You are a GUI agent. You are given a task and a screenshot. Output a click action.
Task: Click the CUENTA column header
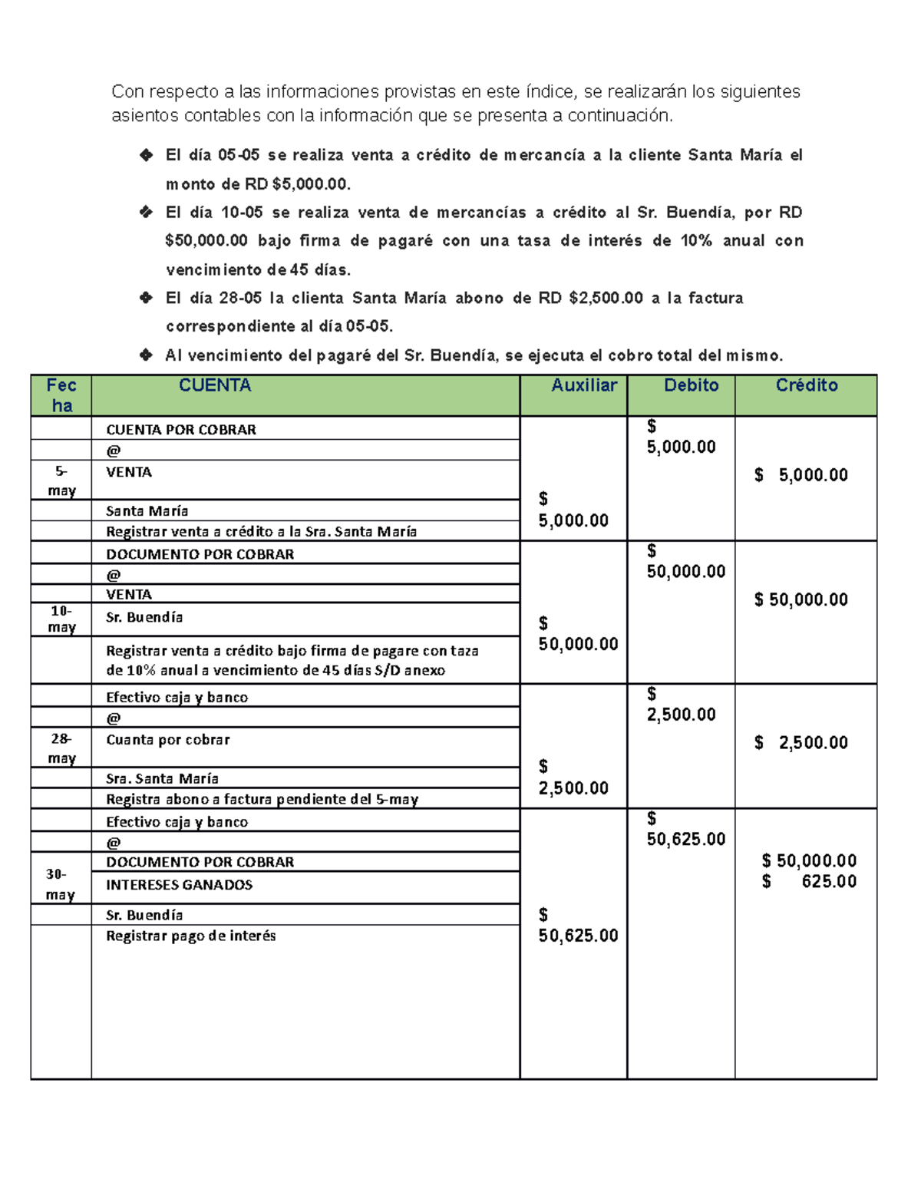point(215,385)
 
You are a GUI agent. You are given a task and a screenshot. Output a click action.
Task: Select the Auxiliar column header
point(583,385)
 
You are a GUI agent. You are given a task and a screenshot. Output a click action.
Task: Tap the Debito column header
point(691,385)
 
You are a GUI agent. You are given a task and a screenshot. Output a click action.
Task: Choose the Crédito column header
point(806,385)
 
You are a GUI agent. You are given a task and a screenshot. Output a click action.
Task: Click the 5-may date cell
point(61,480)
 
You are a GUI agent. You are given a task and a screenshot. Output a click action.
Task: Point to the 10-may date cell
point(61,619)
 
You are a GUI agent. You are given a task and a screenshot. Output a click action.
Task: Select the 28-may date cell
point(61,748)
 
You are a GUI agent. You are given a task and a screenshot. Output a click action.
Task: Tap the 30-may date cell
point(60,884)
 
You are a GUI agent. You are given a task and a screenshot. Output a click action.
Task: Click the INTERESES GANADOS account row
point(179,885)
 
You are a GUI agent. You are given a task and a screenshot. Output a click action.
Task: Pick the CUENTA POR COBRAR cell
point(181,430)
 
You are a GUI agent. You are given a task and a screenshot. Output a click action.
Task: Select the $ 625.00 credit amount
point(809,881)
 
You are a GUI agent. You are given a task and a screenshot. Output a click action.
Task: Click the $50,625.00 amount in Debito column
point(685,839)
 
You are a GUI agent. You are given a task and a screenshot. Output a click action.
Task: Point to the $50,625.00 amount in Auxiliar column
point(578,935)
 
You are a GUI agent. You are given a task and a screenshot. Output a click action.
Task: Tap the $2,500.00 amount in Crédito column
point(801,742)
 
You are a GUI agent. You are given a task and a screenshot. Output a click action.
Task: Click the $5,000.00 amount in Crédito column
point(801,475)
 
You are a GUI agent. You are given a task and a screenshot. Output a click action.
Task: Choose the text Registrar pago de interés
point(190,936)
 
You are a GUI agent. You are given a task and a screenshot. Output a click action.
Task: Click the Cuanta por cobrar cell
point(167,740)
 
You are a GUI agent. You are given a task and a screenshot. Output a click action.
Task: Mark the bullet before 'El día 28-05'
point(146,298)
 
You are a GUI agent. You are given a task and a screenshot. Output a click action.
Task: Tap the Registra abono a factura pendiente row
point(262,799)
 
